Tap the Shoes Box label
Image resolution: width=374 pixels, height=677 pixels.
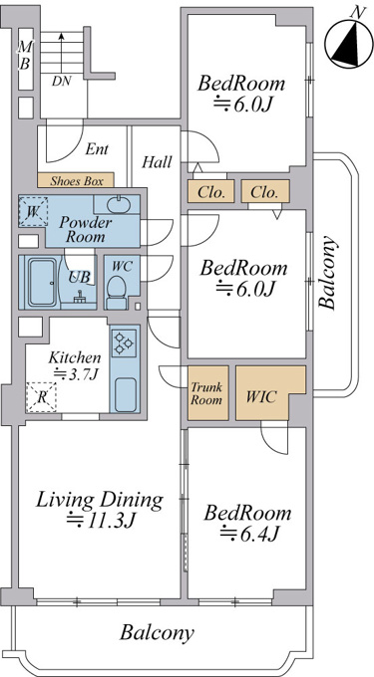point(77,180)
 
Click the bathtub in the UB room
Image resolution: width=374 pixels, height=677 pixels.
point(43,282)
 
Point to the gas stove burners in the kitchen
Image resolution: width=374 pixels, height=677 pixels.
point(124,342)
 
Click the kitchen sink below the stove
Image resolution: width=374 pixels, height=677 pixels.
point(127,394)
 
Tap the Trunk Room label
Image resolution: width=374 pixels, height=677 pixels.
point(206,392)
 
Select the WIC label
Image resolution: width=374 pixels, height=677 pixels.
point(261,396)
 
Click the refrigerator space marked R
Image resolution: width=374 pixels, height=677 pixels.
point(41,397)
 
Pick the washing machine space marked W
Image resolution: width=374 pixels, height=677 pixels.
point(33,211)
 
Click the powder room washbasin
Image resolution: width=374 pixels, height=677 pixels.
point(117,205)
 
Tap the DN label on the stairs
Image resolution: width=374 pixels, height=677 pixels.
point(62,81)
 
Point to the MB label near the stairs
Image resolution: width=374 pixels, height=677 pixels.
point(25,56)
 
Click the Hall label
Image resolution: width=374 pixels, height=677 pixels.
point(157,162)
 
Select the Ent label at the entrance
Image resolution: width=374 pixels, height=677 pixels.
point(97,149)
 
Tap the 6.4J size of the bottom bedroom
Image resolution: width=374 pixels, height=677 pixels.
point(248,534)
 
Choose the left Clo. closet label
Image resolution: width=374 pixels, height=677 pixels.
point(211,192)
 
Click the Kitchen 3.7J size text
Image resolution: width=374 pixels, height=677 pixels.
point(75,374)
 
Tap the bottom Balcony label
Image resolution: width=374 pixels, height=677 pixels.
point(157,633)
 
